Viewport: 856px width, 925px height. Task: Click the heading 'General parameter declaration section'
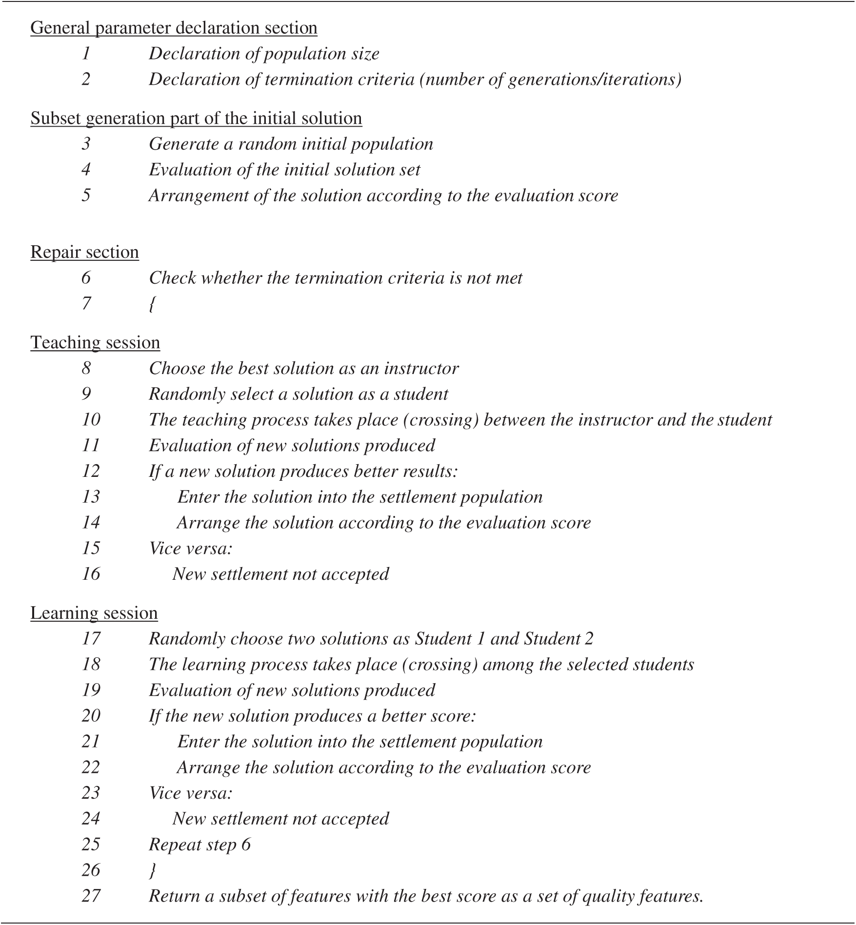tap(174, 28)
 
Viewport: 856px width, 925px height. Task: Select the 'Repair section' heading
tap(84, 253)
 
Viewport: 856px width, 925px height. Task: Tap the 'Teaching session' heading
tap(95, 343)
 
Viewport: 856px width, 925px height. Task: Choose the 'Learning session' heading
tap(94, 613)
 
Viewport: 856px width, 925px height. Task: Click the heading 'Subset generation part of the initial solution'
tap(196, 118)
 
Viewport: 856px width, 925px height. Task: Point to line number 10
tap(91, 420)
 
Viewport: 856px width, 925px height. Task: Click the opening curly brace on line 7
tap(152, 304)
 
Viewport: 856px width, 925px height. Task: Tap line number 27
tap(91, 896)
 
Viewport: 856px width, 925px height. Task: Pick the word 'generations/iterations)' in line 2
tap(595, 79)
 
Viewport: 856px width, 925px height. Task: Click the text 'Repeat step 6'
tap(199, 845)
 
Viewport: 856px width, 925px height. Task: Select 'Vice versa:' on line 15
tap(191, 549)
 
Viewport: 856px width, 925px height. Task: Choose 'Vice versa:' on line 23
tap(191, 793)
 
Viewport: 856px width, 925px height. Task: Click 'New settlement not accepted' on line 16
tap(280, 574)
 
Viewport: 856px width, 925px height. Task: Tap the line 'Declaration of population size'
tap(264, 54)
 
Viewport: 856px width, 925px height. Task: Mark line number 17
tap(91, 639)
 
